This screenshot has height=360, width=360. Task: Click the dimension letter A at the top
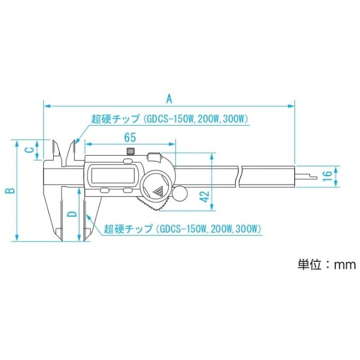pyautogui.click(x=169, y=98)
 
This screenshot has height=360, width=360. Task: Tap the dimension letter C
pyautogui.click(x=28, y=150)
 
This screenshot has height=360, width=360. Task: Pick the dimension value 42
pyautogui.click(x=219, y=196)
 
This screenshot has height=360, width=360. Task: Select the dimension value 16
pyautogui.click(x=326, y=175)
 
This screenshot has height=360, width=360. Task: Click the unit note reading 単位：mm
pyautogui.click(x=327, y=265)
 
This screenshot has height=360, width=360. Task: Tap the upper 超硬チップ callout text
pyautogui.click(x=169, y=119)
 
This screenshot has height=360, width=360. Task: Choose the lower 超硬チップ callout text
pyautogui.click(x=182, y=229)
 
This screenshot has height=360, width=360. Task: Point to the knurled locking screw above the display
pyautogui.click(x=129, y=151)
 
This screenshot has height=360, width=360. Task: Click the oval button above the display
pyautogui.click(x=128, y=160)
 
